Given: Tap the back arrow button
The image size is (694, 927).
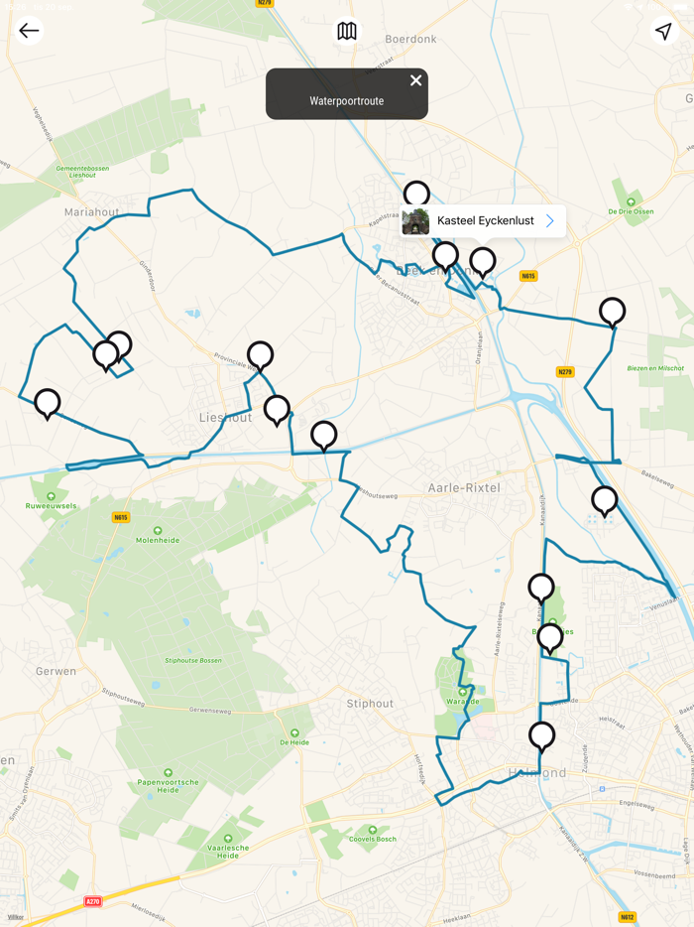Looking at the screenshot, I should tap(29, 31).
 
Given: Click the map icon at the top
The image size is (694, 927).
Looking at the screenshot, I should tap(347, 32).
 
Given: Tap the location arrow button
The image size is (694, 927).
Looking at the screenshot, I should tap(663, 32).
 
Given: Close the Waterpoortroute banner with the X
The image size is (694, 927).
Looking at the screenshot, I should tap(416, 80).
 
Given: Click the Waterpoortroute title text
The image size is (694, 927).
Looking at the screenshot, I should tap(346, 101).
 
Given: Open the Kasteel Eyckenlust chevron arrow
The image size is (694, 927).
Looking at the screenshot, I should tap(550, 221).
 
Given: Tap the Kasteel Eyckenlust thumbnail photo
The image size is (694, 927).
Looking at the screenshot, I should tap(416, 221).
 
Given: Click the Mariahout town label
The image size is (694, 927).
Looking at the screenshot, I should tap(91, 212).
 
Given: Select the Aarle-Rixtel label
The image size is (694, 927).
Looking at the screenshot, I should tap(463, 488).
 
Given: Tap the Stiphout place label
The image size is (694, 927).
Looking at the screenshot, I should tap(370, 704).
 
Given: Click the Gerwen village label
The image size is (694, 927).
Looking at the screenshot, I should tap(56, 671).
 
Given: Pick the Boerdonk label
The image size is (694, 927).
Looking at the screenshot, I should tap(410, 40).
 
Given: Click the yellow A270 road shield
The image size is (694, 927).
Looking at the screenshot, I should tap(93, 901).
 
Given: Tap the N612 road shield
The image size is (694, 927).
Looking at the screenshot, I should tap(627, 917).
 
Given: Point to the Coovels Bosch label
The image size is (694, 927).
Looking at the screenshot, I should tap(373, 840).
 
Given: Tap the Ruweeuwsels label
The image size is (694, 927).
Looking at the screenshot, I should tap(51, 506).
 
